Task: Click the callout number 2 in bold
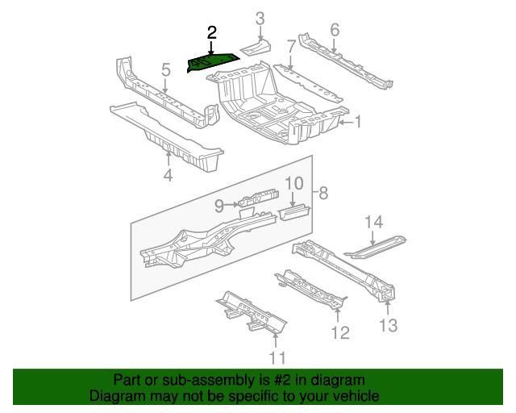[x=212, y=33]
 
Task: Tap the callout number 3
[x=260, y=19]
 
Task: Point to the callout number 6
[x=335, y=31]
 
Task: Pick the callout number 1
[x=359, y=123]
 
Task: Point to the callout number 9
[x=218, y=206]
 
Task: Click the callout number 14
[x=372, y=222]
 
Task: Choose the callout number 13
[x=388, y=325]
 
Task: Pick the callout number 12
[x=340, y=332]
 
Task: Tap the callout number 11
[x=277, y=358]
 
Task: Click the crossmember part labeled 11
[x=250, y=315]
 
